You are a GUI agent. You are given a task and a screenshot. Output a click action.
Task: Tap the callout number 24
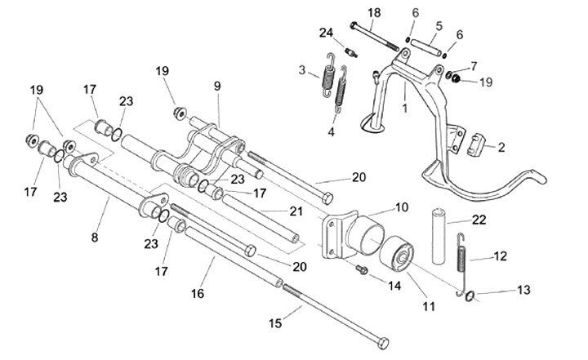(327, 33)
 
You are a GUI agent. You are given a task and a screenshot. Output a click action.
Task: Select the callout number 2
(523, 147)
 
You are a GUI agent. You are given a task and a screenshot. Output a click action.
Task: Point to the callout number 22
(479, 220)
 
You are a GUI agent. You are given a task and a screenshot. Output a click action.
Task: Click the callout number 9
(217, 84)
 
